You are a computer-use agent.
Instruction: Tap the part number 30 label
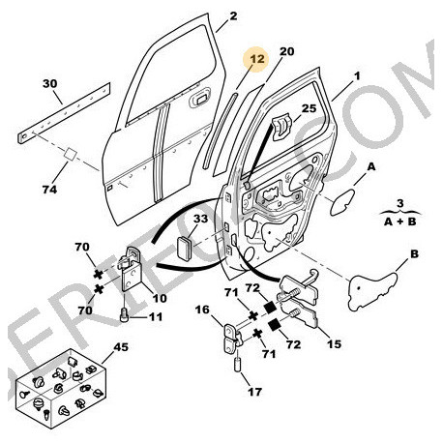(x=50, y=83)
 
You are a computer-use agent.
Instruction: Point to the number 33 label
(x=200, y=220)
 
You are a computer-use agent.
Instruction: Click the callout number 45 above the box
(x=121, y=347)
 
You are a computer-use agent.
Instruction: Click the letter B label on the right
(x=412, y=254)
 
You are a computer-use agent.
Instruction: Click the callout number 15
(x=336, y=344)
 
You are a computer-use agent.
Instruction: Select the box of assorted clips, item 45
(x=64, y=392)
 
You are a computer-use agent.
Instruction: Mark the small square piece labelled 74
(x=71, y=155)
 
